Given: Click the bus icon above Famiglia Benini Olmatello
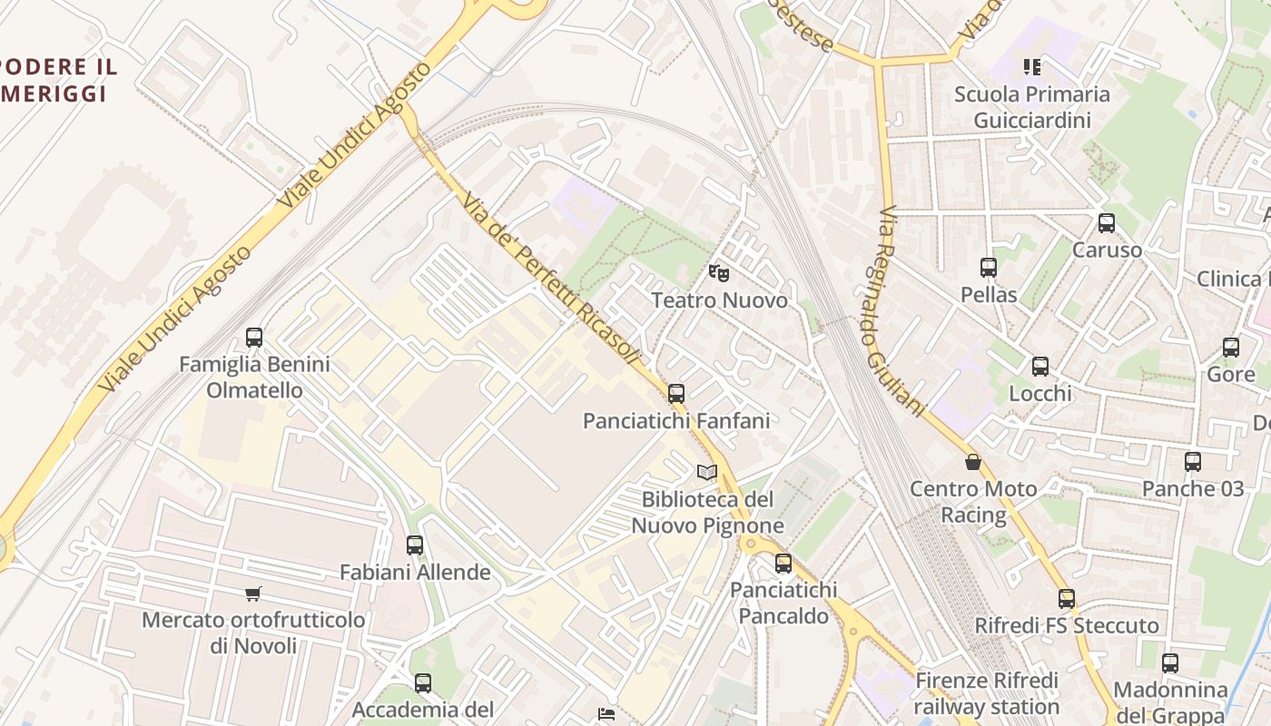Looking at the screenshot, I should pyautogui.click(x=254, y=338).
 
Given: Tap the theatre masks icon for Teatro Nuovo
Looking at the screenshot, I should pyautogui.click(x=719, y=272).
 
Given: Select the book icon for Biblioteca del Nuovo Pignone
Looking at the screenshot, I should pyautogui.click(x=707, y=472).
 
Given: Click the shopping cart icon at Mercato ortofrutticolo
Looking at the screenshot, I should pyautogui.click(x=253, y=594).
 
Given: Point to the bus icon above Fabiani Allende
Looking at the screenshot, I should pyautogui.click(x=415, y=545).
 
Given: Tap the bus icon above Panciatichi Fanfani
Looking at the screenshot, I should pyautogui.click(x=676, y=394).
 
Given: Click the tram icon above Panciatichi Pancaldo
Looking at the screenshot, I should pyautogui.click(x=783, y=564).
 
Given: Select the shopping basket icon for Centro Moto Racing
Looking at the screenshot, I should pyautogui.click(x=973, y=463).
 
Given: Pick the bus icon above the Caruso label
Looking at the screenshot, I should pyautogui.click(x=1107, y=223).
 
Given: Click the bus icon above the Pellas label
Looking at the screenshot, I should pyautogui.click(x=989, y=268).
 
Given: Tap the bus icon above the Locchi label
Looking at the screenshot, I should pyautogui.click(x=1040, y=367).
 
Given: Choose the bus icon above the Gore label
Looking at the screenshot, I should pyautogui.click(x=1231, y=347).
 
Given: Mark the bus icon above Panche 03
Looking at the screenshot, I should pyautogui.click(x=1193, y=462).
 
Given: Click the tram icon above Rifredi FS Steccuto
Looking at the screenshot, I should pyautogui.click(x=1067, y=599).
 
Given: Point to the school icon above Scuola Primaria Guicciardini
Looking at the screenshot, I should pyautogui.click(x=1032, y=66).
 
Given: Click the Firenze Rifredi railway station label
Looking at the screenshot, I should pyautogui.click(x=986, y=693).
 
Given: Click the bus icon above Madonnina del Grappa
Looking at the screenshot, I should pyautogui.click(x=1170, y=663).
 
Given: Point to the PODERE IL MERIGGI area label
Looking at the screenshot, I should pyautogui.click(x=56, y=80).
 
